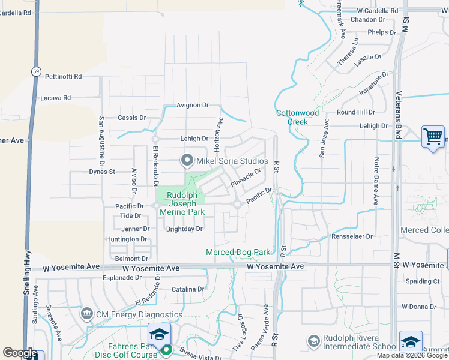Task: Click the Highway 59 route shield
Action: (36, 71)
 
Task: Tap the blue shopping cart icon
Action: (432, 137)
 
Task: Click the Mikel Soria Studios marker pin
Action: (187, 160)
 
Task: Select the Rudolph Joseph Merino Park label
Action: (185, 203)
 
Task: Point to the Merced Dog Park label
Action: (238, 253)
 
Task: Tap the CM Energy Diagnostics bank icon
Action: (87, 314)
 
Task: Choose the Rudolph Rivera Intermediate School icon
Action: (313, 341)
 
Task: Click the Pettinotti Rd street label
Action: (63, 77)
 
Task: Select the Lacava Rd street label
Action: (55, 97)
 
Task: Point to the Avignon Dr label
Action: (192, 105)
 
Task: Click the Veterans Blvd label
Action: (399, 115)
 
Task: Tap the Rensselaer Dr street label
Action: (352, 236)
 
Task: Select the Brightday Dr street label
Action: (184, 229)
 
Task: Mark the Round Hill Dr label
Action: (355, 112)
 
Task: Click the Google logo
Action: (20, 353)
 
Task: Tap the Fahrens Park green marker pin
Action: (167, 349)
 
